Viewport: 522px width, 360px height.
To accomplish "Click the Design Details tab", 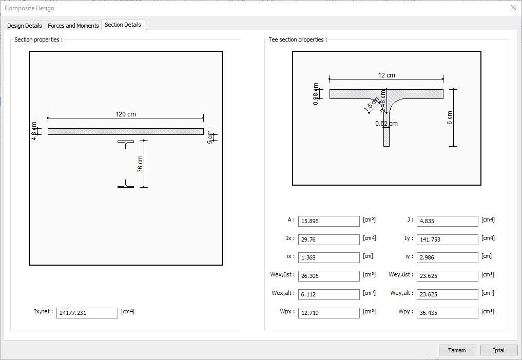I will [x=25, y=26].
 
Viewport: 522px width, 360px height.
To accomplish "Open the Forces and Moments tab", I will [x=73, y=26].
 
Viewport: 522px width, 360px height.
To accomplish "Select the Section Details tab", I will [x=123, y=25].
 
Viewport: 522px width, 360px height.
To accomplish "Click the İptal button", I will [x=498, y=350].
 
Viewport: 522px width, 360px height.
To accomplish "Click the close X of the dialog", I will [x=513, y=8].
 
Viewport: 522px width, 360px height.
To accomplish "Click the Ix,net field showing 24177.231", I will [x=87, y=313].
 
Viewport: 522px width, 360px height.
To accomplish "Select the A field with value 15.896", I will [x=328, y=222].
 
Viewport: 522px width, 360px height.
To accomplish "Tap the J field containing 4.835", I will [x=447, y=222].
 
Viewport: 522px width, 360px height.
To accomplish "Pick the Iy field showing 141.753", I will [x=447, y=239].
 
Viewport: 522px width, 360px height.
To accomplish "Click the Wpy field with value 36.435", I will [x=447, y=313].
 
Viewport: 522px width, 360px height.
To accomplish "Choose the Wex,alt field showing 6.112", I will [x=328, y=294].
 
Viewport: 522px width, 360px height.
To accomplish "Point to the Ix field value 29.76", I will [x=328, y=239].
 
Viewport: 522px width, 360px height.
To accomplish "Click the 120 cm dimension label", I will [x=126, y=114].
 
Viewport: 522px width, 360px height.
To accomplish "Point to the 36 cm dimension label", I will [x=140, y=164].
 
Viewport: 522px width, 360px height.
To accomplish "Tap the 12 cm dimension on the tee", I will [x=386, y=75].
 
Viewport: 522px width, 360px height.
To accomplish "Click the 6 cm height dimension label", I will [x=450, y=117].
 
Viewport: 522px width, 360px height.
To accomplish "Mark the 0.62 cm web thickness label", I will [x=386, y=124].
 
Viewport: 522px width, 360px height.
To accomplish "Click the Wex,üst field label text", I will [x=283, y=275].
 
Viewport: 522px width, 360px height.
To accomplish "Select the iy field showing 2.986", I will [x=447, y=257].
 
